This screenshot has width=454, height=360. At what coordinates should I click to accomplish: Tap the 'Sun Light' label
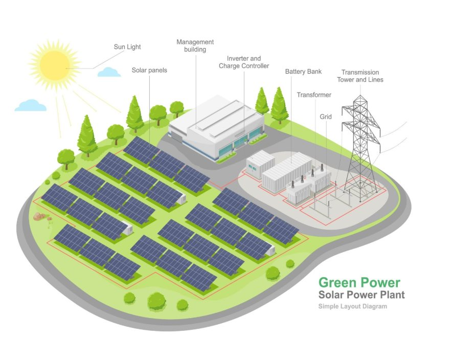127,47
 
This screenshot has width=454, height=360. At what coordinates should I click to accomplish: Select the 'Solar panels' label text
149,70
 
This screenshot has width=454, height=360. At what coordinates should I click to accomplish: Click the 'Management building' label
195,46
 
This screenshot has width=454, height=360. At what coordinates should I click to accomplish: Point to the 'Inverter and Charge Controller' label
244,62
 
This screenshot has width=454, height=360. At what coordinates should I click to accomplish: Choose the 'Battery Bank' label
303,72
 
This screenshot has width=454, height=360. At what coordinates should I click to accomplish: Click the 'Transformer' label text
314,95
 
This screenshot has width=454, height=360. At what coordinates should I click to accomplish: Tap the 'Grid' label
326,117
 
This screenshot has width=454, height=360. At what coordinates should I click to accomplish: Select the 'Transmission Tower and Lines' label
360,76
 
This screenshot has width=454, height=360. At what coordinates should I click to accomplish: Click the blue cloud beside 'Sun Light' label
109,72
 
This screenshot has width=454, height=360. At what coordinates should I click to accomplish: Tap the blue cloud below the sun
31,106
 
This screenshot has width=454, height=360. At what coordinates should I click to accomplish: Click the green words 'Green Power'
359,282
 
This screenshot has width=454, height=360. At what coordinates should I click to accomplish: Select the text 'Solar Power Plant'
361,295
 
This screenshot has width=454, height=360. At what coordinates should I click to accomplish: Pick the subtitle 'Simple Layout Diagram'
352,307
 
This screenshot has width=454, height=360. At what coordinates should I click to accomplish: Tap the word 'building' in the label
195,50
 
